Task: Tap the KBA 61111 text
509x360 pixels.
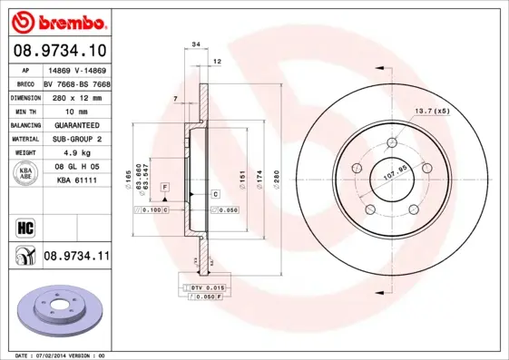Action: tap(73, 180)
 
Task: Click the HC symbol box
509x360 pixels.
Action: tap(24, 227)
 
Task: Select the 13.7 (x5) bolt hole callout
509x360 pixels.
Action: tap(433, 111)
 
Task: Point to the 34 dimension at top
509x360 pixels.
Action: tap(195, 43)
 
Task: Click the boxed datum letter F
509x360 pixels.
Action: tap(165, 186)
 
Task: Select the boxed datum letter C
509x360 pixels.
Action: tap(216, 194)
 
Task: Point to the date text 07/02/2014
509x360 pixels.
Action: tap(58, 355)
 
